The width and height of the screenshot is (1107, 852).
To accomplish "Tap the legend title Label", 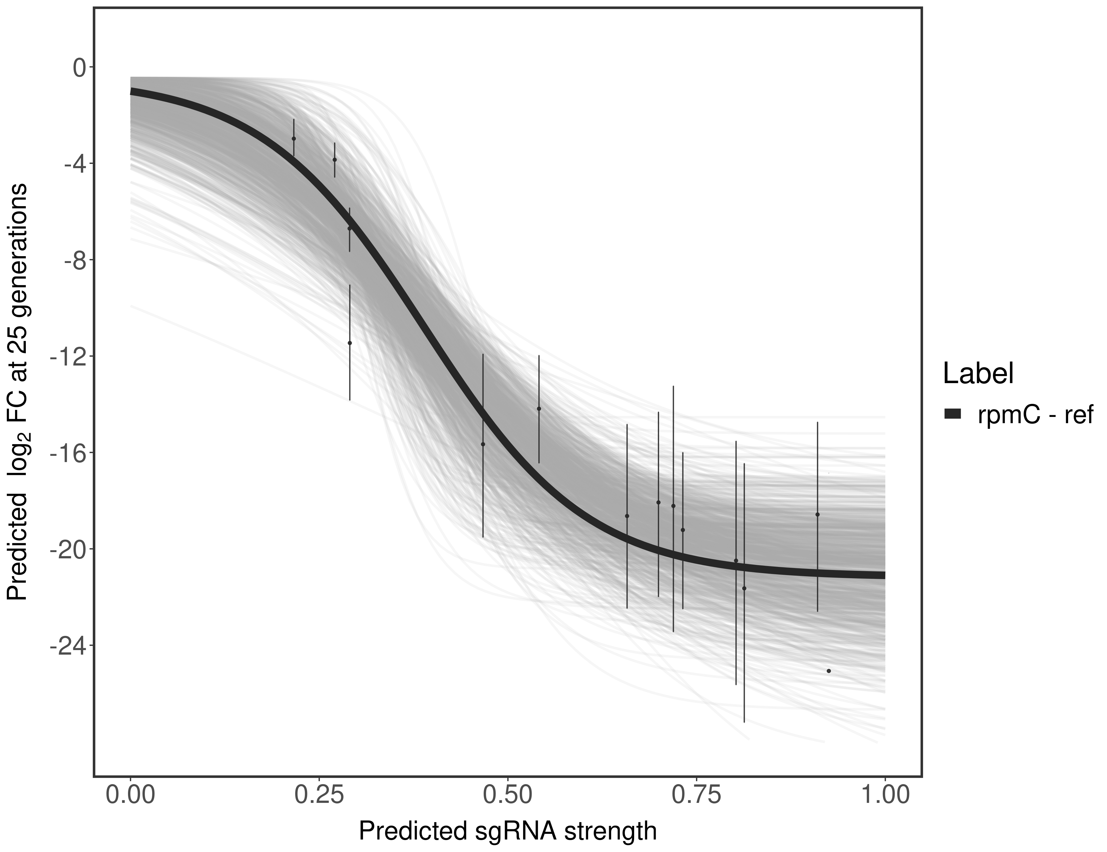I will point(978,374).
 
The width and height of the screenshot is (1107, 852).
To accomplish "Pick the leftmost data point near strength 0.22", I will point(294,139).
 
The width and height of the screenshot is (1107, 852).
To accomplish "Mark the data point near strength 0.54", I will point(539,409).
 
